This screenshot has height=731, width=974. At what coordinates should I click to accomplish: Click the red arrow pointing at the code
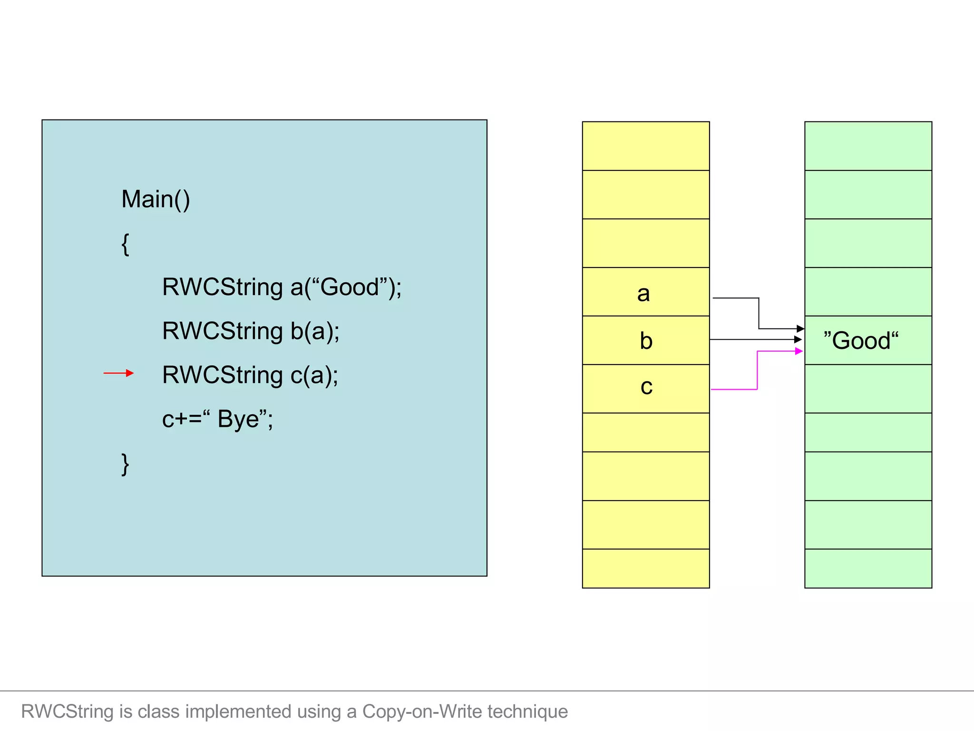click(x=118, y=373)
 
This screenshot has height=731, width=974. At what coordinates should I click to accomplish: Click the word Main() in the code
click(x=156, y=199)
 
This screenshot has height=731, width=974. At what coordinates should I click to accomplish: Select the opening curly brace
click(x=125, y=244)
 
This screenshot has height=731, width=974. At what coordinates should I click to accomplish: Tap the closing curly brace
click(x=125, y=464)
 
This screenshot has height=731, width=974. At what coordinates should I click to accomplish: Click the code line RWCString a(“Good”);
click(x=282, y=287)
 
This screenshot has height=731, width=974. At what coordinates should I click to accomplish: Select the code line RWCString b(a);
click(x=251, y=331)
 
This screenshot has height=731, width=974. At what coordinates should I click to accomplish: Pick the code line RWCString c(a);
click(x=250, y=375)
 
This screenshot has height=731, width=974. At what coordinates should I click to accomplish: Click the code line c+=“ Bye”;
click(x=217, y=419)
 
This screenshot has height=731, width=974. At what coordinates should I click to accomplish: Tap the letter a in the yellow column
click(x=643, y=294)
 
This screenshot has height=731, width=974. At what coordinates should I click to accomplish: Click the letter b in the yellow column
click(x=646, y=341)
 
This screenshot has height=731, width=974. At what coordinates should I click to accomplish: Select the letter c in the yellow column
click(x=646, y=386)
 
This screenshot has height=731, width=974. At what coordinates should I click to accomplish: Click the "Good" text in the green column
click(x=861, y=341)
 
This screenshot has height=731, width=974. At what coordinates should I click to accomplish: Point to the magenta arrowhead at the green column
click(x=799, y=351)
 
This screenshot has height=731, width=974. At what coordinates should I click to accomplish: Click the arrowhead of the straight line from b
click(x=798, y=339)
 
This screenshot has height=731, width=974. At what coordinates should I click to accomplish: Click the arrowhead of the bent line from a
click(x=800, y=328)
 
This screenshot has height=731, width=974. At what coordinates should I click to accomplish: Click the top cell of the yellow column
click(x=645, y=146)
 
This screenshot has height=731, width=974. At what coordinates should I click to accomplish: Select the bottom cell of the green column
click(x=868, y=568)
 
